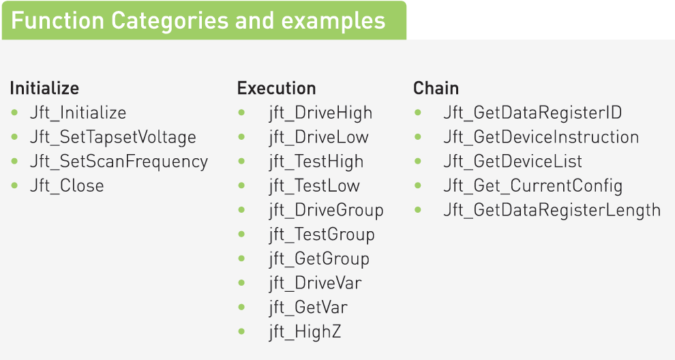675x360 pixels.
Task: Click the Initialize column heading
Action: point(44,88)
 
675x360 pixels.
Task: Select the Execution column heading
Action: point(276,88)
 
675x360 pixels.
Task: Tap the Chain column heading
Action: point(436,88)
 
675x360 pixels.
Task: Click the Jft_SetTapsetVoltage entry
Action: point(112,137)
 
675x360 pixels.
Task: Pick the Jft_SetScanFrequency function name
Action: point(119,162)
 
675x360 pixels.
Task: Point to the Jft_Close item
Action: point(67,186)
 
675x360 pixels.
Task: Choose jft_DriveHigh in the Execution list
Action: point(320,113)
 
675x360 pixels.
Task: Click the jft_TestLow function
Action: point(314,186)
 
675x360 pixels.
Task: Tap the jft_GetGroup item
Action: point(319,259)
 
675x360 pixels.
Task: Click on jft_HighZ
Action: point(305,332)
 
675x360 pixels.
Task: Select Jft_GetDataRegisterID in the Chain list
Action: point(532,112)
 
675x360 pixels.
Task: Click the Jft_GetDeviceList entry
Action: point(513,162)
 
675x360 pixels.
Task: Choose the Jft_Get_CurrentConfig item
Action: point(533,186)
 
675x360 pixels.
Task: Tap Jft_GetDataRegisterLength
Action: point(552,211)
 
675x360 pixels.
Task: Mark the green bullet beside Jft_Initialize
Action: point(14,112)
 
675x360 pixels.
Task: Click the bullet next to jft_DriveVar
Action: point(241,283)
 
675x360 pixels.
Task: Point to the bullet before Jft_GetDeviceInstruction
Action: point(417,137)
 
